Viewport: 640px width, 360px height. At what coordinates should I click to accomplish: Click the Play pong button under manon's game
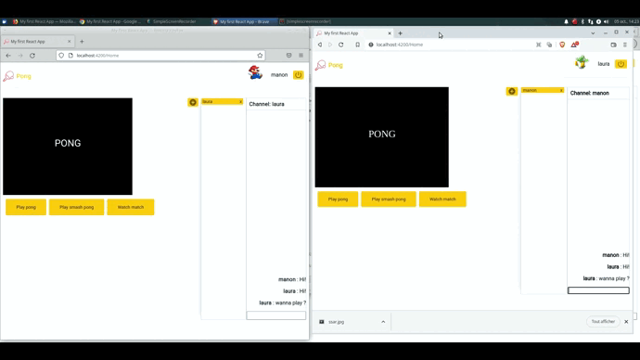coord(26,207)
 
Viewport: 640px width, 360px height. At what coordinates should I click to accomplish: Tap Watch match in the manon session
coord(130,207)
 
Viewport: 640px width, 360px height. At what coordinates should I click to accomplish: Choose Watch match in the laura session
coord(442,199)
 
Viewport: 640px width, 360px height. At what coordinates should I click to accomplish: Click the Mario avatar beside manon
coord(255,73)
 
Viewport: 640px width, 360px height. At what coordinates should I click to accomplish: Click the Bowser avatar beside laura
coord(582,63)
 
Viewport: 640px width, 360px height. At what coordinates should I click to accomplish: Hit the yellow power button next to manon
coord(299,74)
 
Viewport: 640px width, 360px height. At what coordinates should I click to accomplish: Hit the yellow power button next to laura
coord(621,64)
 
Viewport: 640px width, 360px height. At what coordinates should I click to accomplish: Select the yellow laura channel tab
coord(222,102)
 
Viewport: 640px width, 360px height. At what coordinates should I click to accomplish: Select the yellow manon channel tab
coord(543,91)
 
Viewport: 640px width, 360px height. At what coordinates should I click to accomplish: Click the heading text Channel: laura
coord(266,104)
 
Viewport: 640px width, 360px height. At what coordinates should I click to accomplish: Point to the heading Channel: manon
coord(590,93)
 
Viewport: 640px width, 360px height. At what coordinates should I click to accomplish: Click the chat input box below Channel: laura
coord(275,315)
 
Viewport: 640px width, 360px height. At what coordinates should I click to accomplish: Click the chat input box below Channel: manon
coord(598,290)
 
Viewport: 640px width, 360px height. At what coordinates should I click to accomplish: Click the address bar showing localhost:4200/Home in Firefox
coord(158,55)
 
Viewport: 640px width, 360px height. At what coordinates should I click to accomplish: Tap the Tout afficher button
coord(603,322)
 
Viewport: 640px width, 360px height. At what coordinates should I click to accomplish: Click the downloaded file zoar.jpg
coord(337,322)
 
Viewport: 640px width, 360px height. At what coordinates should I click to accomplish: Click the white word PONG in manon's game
coord(68,143)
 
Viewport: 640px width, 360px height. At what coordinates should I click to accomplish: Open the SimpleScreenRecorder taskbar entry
coord(176,21)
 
